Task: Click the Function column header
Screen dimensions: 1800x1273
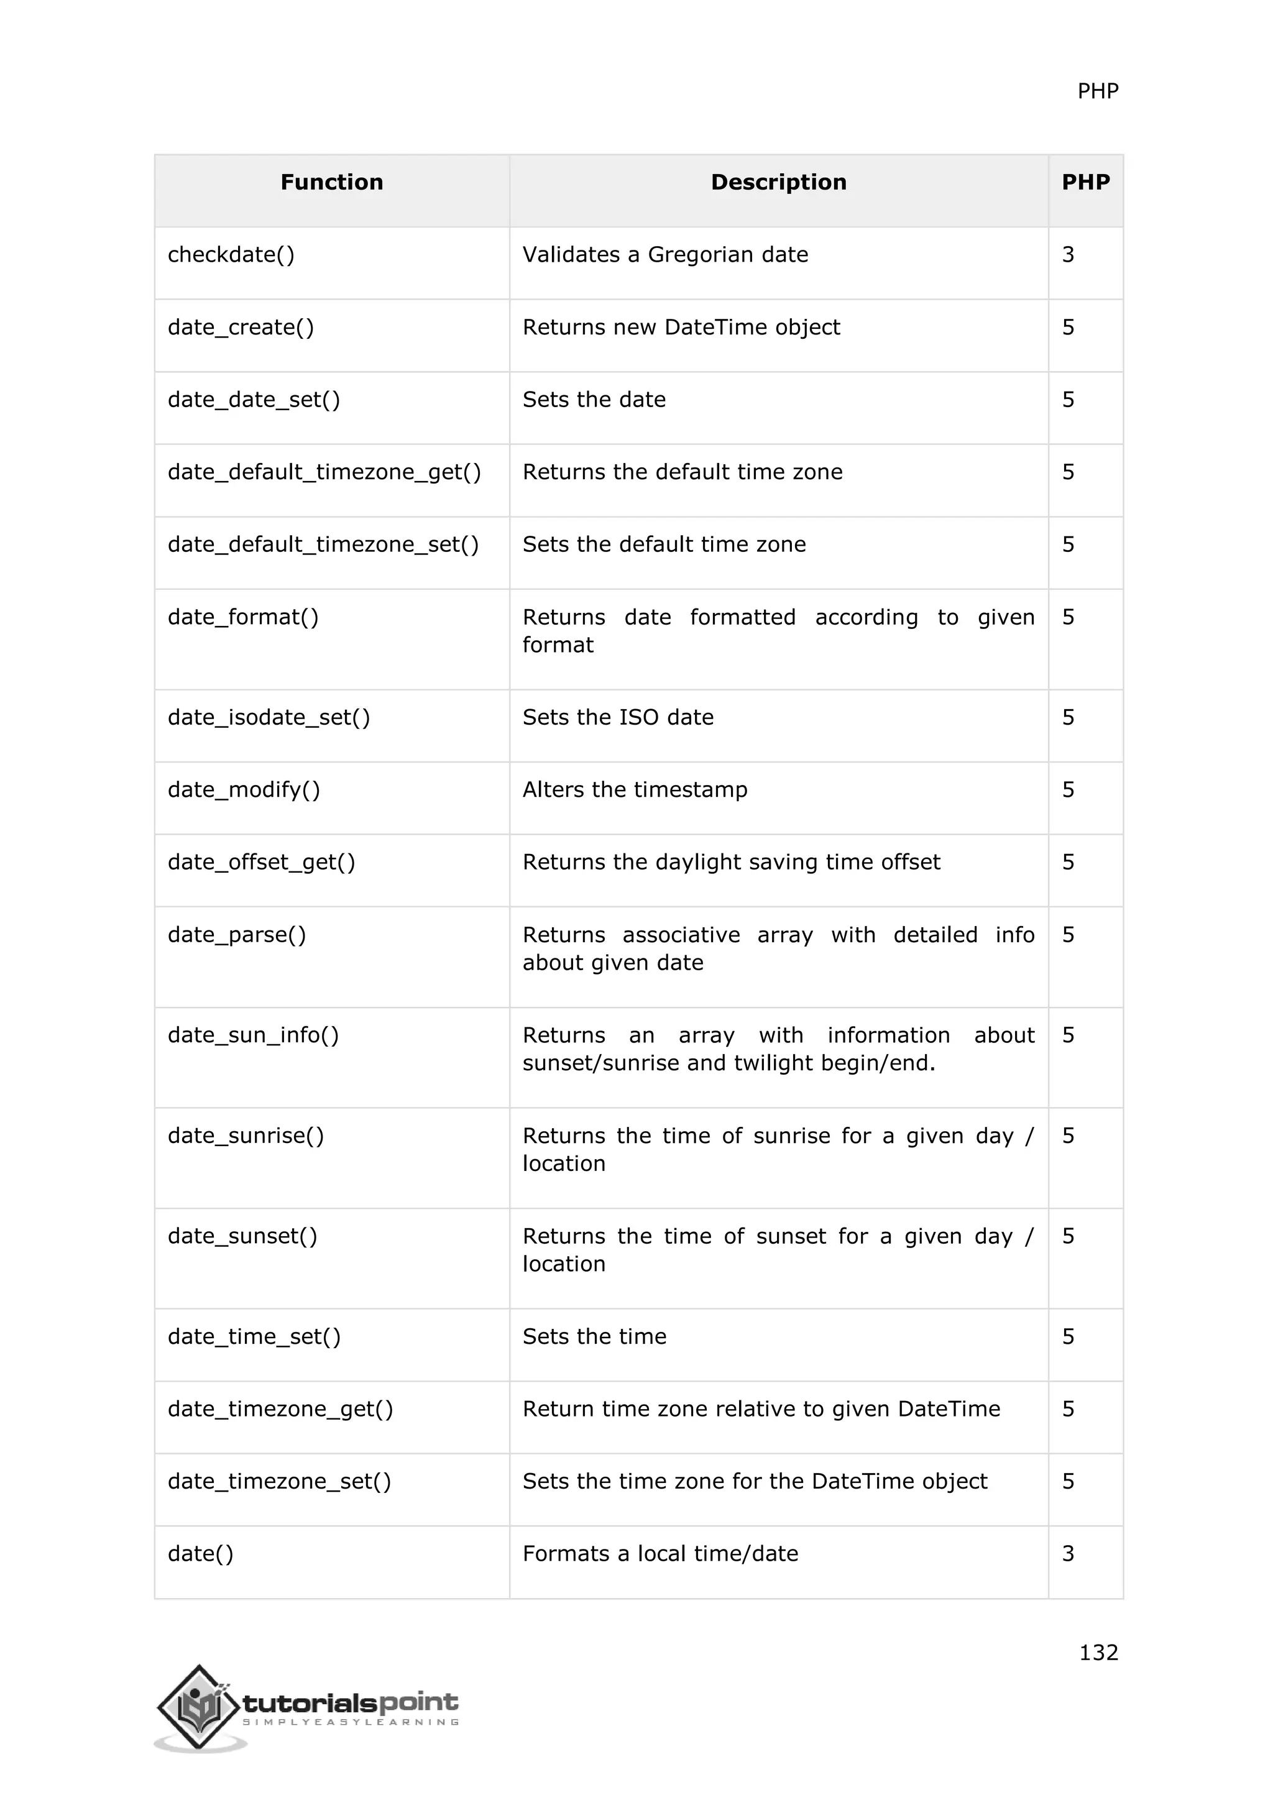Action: tap(331, 183)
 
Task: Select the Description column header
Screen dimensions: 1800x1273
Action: tap(778, 183)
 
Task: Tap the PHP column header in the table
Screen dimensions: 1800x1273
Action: tap(1086, 183)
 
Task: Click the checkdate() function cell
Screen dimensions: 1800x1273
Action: tap(231, 255)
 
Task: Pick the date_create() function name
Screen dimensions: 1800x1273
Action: tap(241, 328)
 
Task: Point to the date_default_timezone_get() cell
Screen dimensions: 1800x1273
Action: tap(324, 472)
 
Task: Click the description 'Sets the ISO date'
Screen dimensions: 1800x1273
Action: tap(618, 717)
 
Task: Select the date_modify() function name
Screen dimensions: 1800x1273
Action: tap(244, 789)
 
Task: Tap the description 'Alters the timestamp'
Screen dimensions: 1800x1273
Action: tap(635, 789)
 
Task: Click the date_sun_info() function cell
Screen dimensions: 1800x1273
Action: tap(253, 1035)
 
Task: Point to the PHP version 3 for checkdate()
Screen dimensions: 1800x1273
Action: tap(1068, 255)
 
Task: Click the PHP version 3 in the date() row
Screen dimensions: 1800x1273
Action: tap(1068, 1553)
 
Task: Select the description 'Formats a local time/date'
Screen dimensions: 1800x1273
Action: tap(660, 1553)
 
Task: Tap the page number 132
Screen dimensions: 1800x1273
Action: tap(1098, 1652)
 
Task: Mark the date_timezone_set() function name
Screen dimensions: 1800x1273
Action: tap(279, 1481)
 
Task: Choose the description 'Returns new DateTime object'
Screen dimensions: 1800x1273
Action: tap(681, 328)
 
